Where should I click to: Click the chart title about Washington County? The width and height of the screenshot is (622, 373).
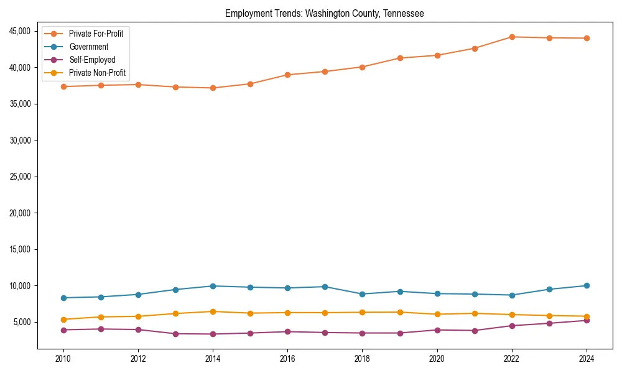[324, 14]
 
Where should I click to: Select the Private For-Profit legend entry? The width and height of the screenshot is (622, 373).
[96, 34]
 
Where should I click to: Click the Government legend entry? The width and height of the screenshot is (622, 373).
[88, 47]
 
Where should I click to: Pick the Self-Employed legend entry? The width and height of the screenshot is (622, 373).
[92, 60]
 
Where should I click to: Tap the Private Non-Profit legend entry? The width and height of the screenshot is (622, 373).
[97, 73]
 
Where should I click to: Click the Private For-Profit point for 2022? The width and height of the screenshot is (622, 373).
[511, 37]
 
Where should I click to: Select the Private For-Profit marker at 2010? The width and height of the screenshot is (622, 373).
[63, 86]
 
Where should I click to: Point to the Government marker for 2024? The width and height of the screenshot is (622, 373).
[586, 285]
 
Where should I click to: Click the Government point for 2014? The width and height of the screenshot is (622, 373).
[213, 286]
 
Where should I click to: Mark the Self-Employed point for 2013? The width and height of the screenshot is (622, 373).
[175, 334]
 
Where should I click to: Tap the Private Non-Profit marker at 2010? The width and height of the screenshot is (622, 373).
[63, 320]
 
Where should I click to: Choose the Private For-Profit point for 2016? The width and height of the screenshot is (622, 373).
[287, 75]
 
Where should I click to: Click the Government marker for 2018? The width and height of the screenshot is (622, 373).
[362, 294]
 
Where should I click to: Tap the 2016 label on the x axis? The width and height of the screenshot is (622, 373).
[287, 359]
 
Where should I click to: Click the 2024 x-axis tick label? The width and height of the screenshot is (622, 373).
[586, 359]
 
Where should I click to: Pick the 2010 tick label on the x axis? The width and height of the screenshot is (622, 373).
[63, 359]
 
